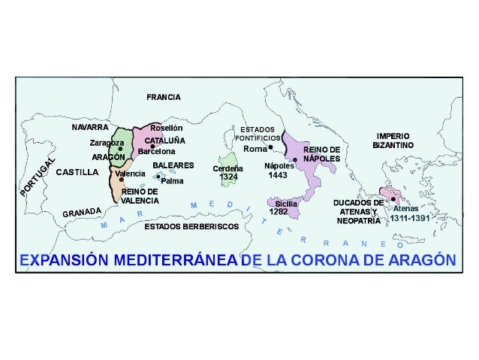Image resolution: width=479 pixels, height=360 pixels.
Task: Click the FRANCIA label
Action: pyautogui.click(x=163, y=97)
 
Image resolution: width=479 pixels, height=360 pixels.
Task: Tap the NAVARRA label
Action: pyautogui.click(x=90, y=127)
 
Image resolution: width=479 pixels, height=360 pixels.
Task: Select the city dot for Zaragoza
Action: pyautogui.click(x=120, y=149)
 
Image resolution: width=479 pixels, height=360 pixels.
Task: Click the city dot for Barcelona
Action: pyautogui.click(x=152, y=146)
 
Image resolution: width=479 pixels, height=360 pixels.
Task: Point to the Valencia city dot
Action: pyautogui.click(x=121, y=180)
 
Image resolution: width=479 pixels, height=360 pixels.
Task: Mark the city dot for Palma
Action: pyautogui.click(x=158, y=177)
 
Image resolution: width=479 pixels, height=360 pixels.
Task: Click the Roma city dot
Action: pyautogui.click(x=270, y=148)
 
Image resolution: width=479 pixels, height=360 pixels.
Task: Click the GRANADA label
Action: pyautogui.click(x=81, y=213)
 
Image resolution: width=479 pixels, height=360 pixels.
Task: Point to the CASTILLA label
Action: pyautogui.click(x=77, y=171)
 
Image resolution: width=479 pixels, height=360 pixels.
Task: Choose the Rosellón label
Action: pyautogui.click(x=166, y=128)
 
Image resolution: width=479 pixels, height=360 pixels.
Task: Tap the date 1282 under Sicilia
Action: pyautogui.click(x=279, y=212)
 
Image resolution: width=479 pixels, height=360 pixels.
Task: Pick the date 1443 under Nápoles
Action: pyautogui.click(x=277, y=174)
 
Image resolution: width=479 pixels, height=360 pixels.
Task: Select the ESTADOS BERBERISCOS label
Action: pyautogui.click(x=191, y=225)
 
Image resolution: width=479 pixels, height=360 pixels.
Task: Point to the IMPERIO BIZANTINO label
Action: pyautogui.click(x=393, y=140)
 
